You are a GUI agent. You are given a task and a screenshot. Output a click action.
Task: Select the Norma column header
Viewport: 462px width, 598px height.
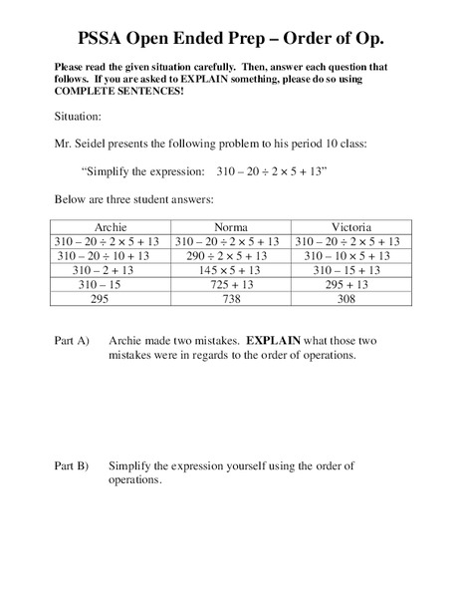(x=231, y=227)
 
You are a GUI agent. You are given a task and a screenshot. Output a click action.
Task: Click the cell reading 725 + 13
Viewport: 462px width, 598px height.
(x=231, y=283)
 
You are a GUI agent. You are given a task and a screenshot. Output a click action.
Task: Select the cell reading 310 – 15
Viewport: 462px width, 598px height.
(x=110, y=283)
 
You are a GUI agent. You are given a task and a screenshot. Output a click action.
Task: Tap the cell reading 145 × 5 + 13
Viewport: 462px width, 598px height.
(x=231, y=269)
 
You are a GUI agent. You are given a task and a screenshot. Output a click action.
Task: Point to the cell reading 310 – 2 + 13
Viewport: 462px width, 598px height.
(x=110, y=269)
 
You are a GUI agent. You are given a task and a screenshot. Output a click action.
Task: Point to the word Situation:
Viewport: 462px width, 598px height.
(x=78, y=116)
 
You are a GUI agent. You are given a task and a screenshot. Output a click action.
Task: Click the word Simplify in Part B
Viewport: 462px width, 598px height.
(x=131, y=465)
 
